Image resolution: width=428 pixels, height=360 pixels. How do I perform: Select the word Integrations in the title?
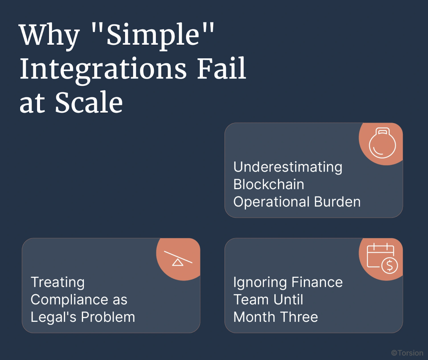click(103, 69)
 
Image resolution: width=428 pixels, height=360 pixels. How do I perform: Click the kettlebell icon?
click(382, 143)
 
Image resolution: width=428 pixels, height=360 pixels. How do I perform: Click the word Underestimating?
click(288, 167)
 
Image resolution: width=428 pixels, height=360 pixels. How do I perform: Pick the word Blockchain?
click(268, 184)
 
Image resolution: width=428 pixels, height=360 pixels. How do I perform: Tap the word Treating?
click(57, 282)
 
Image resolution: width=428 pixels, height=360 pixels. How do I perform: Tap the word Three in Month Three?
click(299, 317)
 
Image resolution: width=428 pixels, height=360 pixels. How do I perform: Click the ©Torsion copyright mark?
click(407, 353)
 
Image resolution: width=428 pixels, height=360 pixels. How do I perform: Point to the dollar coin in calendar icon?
click(390, 265)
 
